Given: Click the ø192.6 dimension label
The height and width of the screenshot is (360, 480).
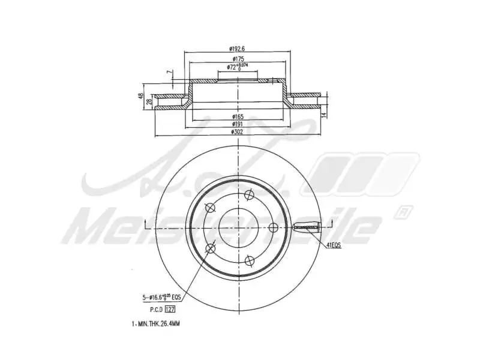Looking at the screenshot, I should click(239, 48).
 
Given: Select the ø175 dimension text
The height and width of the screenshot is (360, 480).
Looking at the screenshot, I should click(239, 59).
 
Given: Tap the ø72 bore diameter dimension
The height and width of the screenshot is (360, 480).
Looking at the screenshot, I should click(238, 67).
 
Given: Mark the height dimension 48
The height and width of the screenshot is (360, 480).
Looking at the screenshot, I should click(142, 96).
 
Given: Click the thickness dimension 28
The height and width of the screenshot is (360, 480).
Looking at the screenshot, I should click(149, 103).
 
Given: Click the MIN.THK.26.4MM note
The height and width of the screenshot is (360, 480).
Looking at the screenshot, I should click(155, 323).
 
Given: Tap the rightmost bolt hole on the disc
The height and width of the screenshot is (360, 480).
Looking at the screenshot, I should click(272, 227).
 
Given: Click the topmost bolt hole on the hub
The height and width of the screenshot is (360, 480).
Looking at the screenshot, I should click(249, 194).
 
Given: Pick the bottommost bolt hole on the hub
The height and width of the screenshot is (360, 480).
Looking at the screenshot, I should click(249, 259).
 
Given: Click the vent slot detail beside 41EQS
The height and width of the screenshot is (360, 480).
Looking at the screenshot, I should click(308, 227).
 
